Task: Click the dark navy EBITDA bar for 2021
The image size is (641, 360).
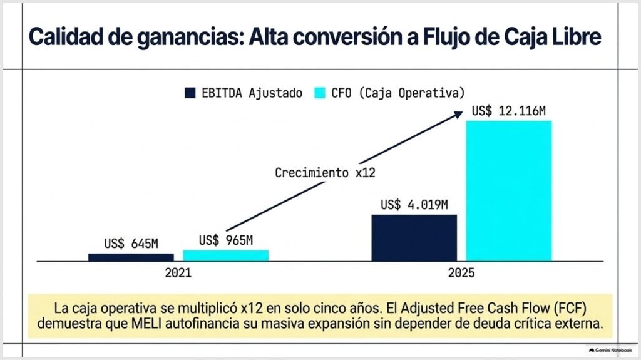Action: tap(131, 257)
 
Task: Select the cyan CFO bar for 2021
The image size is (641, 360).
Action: tap(225, 255)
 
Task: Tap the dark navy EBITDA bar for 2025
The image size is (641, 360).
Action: tap(414, 238)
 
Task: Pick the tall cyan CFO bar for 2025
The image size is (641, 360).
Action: tap(509, 190)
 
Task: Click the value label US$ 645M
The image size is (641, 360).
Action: tap(131, 244)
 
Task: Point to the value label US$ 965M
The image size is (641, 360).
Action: tap(226, 240)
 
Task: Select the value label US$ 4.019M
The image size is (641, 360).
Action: tap(414, 205)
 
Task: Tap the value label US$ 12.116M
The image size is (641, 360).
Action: tap(508, 111)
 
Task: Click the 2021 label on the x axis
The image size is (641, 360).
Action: tap(178, 273)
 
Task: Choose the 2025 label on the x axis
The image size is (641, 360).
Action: tap(461, 273)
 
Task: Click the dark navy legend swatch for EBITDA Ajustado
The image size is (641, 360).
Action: tap(190, 93)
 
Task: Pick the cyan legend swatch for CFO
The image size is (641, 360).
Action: tap(320, 93)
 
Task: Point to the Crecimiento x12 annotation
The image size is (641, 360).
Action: tap(325, 173)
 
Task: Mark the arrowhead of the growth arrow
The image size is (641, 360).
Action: tap(458, 115)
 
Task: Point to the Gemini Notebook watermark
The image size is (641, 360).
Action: tap(610, 351)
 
